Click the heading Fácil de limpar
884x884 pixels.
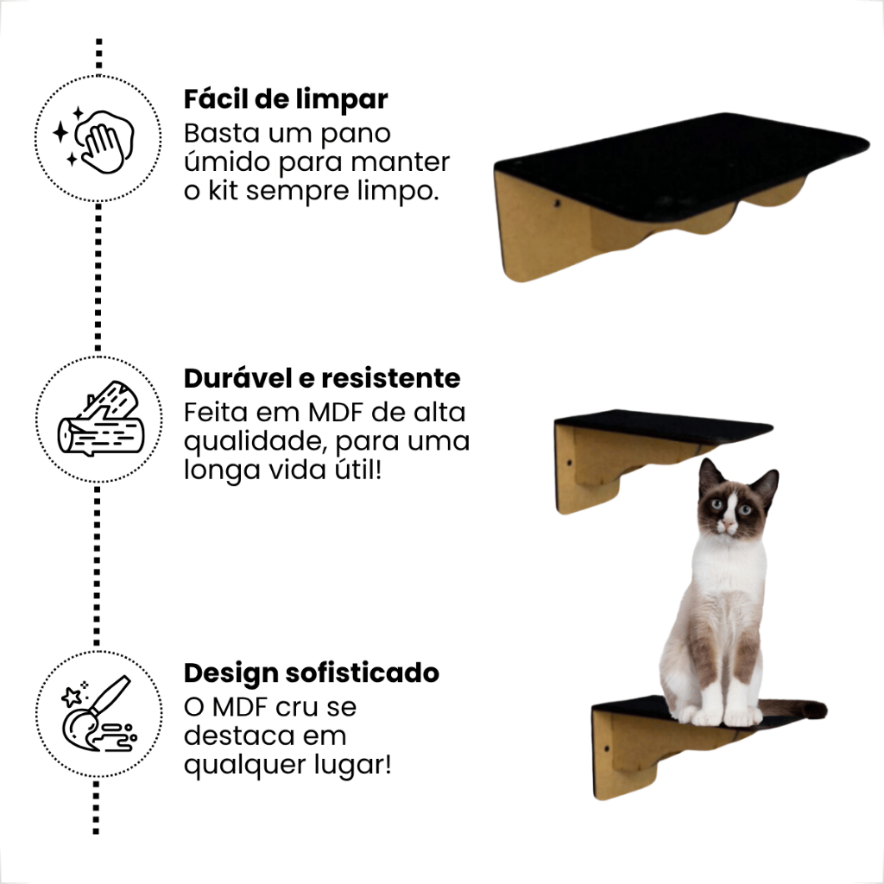coord(286,100)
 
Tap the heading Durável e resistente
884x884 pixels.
coord(322,378)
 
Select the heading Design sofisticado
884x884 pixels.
coord(312,672)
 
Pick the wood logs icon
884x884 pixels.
coord(100,420)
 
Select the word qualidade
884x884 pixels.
coord(256,442)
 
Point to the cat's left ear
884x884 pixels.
coord(710,476)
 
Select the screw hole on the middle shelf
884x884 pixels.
coord(570,464)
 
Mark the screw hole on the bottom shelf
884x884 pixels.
coord(607,749)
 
